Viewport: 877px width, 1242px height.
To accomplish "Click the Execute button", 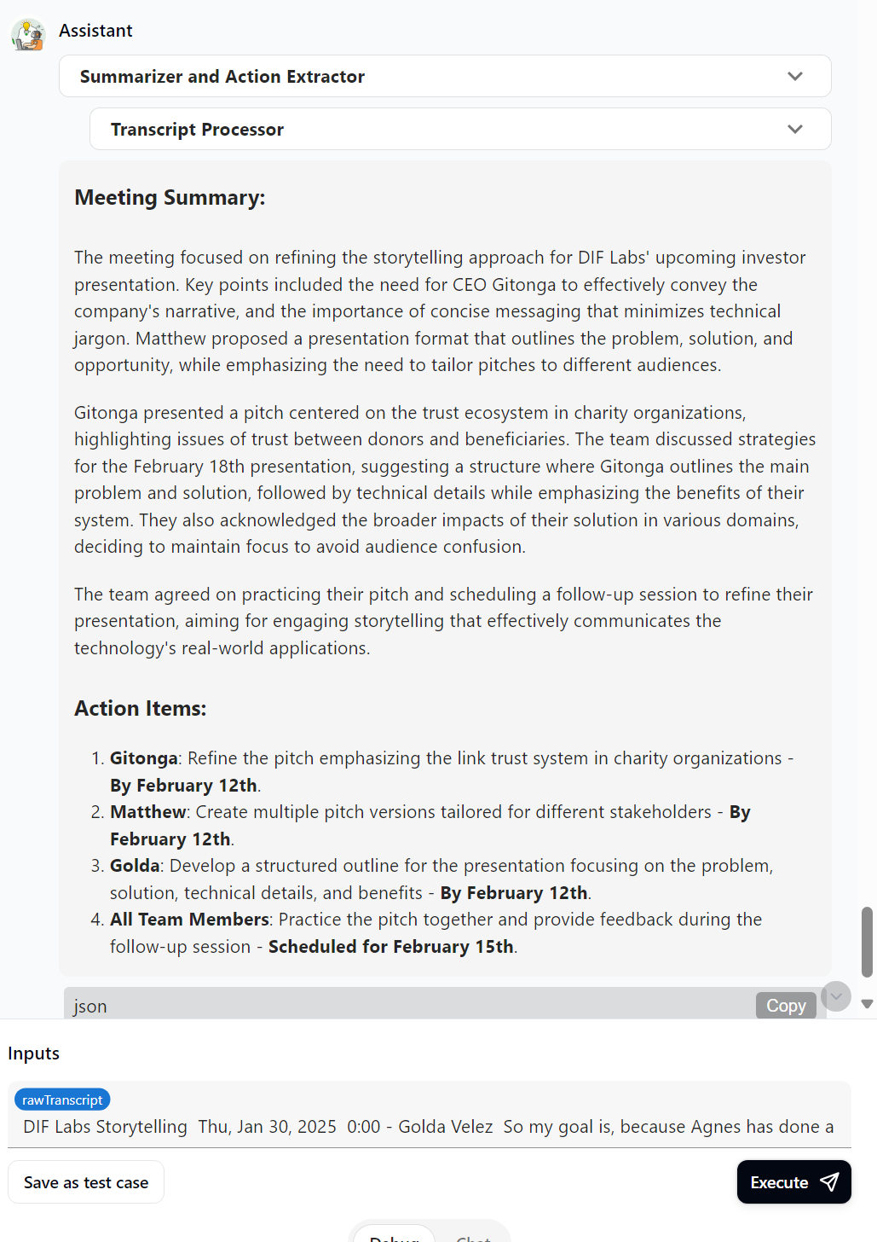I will [793, 1182].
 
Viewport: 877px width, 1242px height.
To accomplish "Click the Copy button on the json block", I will [786, 1006].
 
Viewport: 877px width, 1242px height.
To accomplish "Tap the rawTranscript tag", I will [62, 1100].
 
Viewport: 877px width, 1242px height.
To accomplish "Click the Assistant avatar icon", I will [28, 35].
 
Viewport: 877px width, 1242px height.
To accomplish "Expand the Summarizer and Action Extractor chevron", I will [795, 77].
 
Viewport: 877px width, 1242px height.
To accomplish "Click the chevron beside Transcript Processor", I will [795, 130].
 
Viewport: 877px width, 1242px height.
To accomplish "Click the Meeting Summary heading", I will [170, 198].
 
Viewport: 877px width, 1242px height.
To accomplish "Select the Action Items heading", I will [141, 709].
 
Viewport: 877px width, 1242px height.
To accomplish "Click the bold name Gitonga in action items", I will [144, 758].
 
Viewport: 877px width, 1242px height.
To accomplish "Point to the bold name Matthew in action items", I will [148, 812].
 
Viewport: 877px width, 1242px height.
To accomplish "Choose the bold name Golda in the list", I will [135, 866].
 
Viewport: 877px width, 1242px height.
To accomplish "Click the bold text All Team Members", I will [189, 920].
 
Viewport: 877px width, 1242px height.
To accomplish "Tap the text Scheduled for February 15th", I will [391, 947].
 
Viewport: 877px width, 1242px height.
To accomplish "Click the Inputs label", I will [34, 1053].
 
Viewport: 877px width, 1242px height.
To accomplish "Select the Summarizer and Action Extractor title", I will [222, 77].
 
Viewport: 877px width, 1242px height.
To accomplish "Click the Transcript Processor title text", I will [197, 130].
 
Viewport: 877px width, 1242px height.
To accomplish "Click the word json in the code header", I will [90, 1007].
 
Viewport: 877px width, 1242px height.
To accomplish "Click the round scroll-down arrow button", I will [836, 996].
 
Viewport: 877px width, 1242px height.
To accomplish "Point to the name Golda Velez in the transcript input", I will [446, 1127].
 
